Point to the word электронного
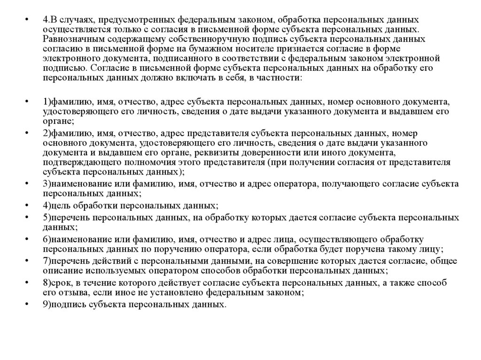pos(69,59)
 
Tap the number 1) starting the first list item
pos(47,101)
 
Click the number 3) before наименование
pos(47,184)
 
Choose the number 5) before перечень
pos(47,218)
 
